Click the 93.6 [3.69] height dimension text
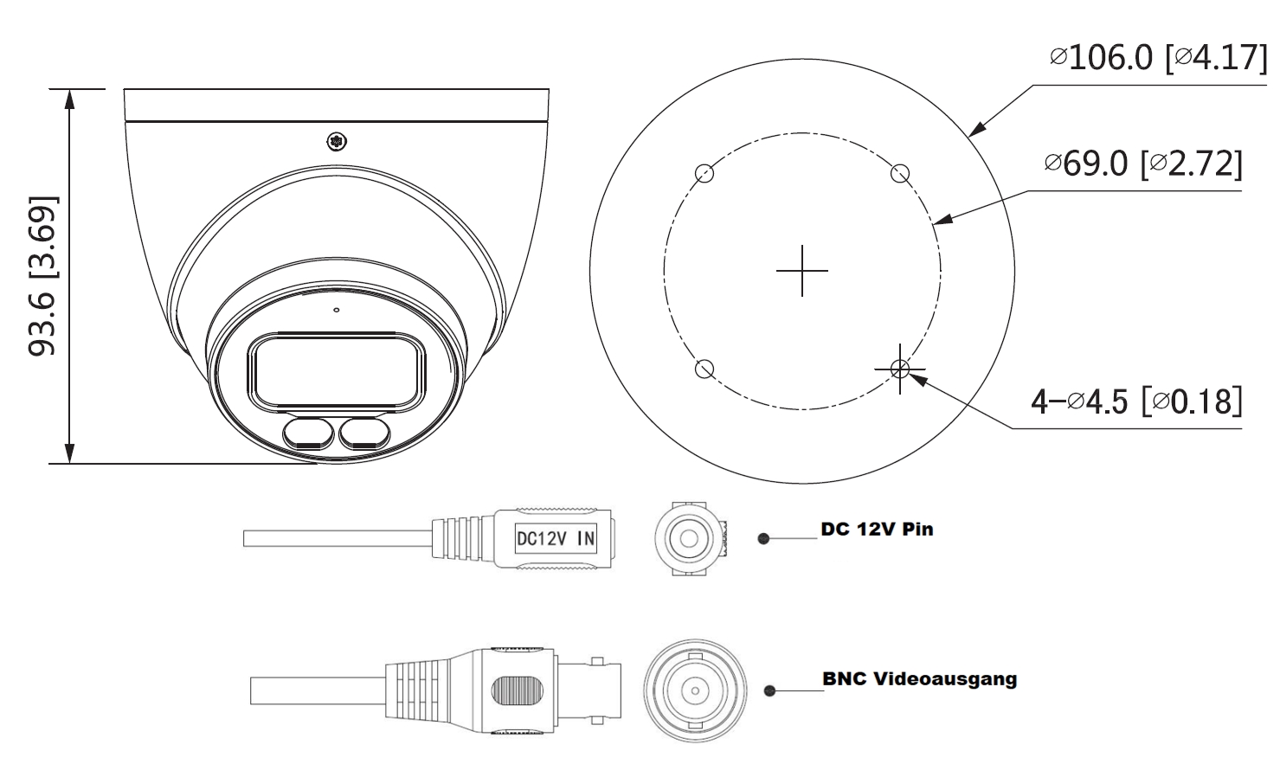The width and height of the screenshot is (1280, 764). tap(43, 276)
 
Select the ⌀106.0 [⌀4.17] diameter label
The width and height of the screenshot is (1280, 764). tap(1157, 58)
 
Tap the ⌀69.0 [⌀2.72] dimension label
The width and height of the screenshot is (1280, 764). tap(1142, 163)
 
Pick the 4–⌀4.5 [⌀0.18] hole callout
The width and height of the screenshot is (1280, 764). tap(1135, 401)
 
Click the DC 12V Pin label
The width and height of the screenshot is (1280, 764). tap(877, 529)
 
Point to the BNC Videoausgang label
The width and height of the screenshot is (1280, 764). tap(919, 678)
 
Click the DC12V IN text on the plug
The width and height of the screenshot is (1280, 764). tap(556, 538)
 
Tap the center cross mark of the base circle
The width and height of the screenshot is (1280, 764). tap(801, 271)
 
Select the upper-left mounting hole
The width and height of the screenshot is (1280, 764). tap(704, 173)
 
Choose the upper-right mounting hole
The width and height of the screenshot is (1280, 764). tap(900, 173)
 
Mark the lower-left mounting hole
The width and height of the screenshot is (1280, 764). tap(704, 369)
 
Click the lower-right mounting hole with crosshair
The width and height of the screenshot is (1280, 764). tap(900, 369)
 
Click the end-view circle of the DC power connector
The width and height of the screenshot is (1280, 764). tap(688, 539)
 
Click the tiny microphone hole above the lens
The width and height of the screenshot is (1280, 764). tap(337, 309)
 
